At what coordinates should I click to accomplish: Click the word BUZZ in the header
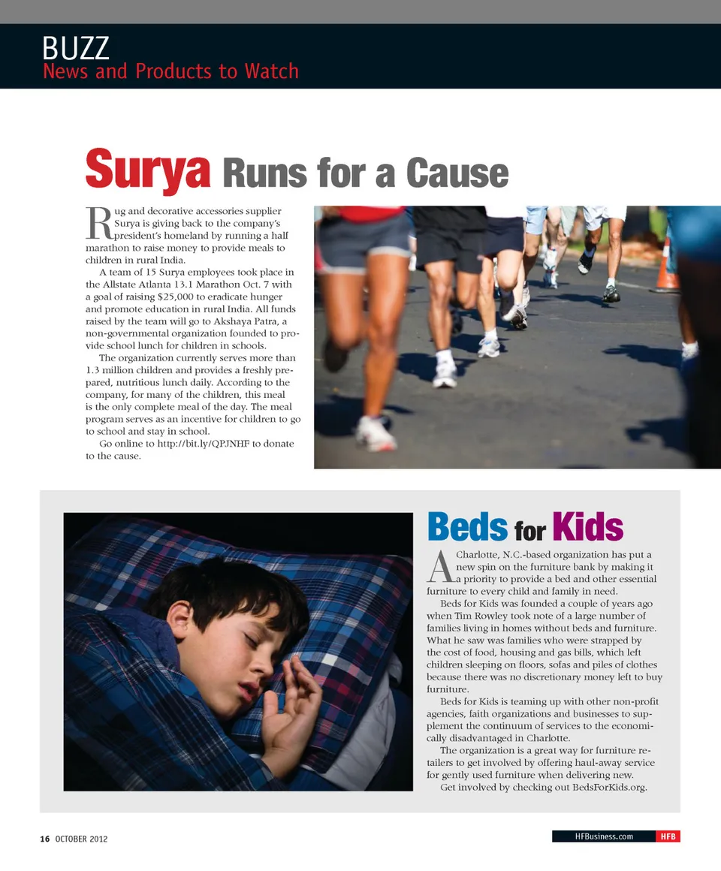76,48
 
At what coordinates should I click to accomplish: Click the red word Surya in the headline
147,170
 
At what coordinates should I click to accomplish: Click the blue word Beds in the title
467,527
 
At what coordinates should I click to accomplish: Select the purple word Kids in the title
587,527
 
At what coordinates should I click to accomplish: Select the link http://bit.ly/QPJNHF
206,444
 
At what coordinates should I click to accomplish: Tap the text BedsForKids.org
610,787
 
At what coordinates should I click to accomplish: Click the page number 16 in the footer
45,839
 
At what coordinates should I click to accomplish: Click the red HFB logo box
668,836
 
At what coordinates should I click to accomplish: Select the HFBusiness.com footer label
604,836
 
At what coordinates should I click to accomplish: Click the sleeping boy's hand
294,713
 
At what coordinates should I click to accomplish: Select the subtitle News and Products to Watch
170,71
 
